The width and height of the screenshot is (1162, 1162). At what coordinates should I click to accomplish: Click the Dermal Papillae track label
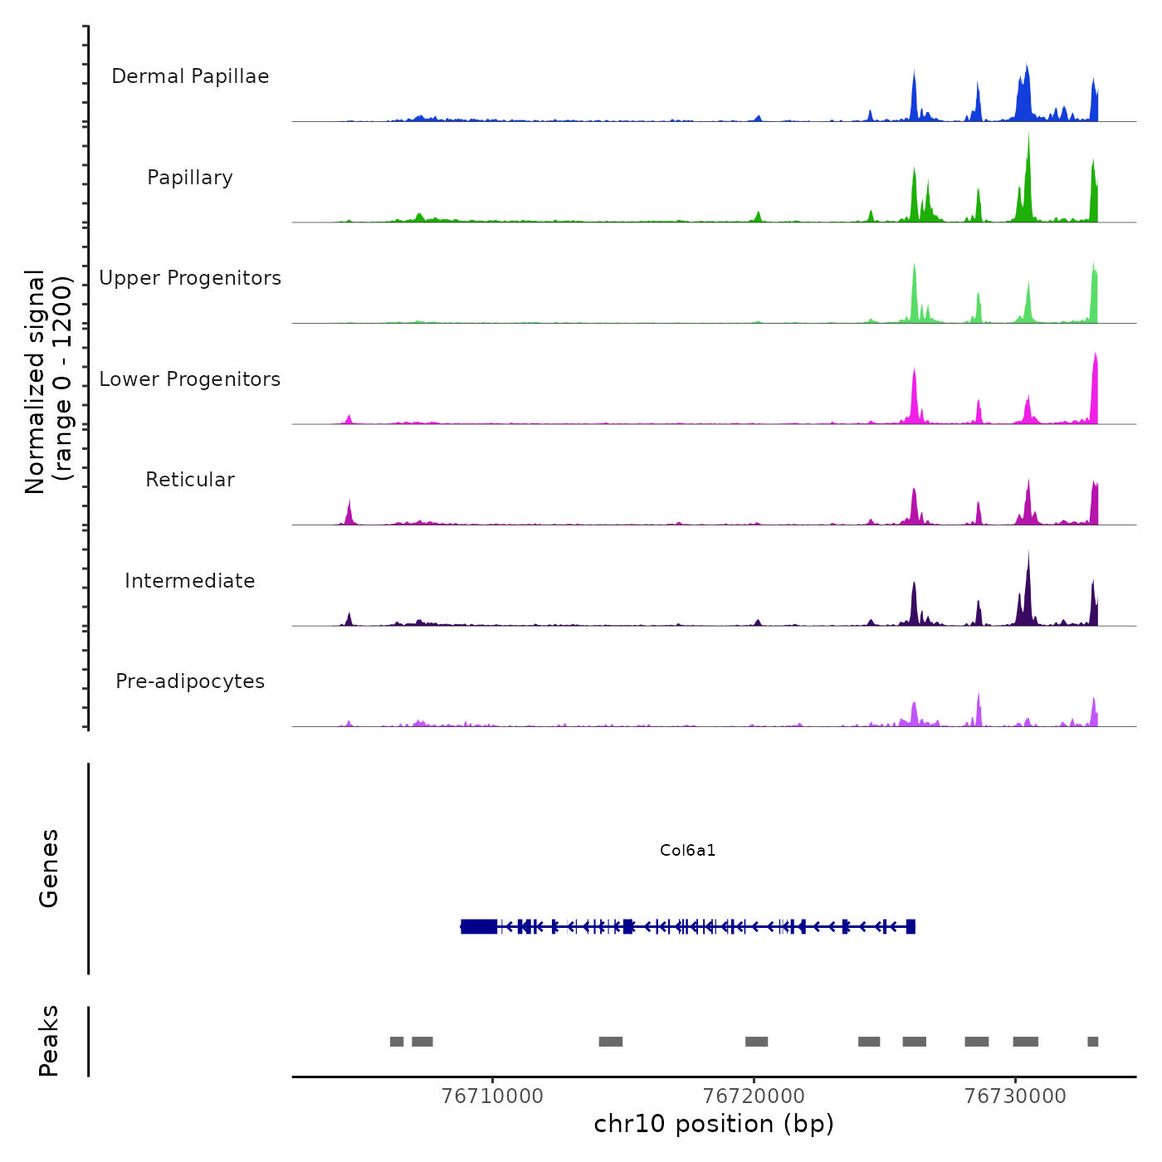tap(190, 76)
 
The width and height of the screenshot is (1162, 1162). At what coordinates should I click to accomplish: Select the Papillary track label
tap(190, 178)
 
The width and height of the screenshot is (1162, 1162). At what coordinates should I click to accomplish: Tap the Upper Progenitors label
tap(190, 278)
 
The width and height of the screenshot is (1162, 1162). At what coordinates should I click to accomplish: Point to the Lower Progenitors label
tap(190, 379)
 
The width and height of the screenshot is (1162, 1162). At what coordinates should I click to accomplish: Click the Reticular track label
tap(190, 480)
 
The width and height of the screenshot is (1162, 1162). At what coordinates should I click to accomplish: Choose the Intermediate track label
tap(190, 581)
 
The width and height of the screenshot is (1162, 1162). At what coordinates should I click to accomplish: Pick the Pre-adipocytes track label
tap(190, 681)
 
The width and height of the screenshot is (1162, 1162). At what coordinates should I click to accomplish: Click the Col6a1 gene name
tap(687, 850)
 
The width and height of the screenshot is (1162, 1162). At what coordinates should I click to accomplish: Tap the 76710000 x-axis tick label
tap(493, 1096)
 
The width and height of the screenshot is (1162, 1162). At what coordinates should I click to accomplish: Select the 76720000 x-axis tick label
tap(754, 1096)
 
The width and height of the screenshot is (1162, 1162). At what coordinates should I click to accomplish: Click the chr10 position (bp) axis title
tap(714, 1124)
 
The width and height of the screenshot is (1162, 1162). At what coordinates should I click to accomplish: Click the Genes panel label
tap(49, 867)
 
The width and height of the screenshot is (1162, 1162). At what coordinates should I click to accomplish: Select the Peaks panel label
tap(49, 1041)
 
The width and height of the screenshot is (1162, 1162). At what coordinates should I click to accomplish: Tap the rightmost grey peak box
tap(1092, 1042)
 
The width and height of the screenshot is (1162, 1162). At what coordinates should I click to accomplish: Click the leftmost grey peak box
tap(397, 1042)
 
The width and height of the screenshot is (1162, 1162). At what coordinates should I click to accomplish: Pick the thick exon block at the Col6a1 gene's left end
tap(479, 926)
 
